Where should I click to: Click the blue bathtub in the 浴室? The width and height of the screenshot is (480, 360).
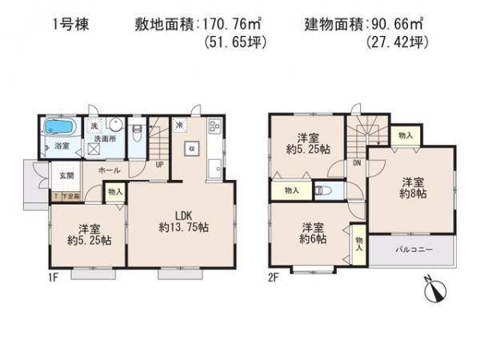pos(58,127)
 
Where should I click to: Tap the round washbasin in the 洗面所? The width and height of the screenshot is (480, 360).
pos(117,126)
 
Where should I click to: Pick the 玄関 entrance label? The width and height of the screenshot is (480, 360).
pos(63,176)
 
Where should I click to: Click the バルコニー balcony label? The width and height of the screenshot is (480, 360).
pos(414,249)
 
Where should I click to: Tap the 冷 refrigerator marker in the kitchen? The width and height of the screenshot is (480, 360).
pos(181,126)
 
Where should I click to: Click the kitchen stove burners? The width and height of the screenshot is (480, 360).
pos(214,126)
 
